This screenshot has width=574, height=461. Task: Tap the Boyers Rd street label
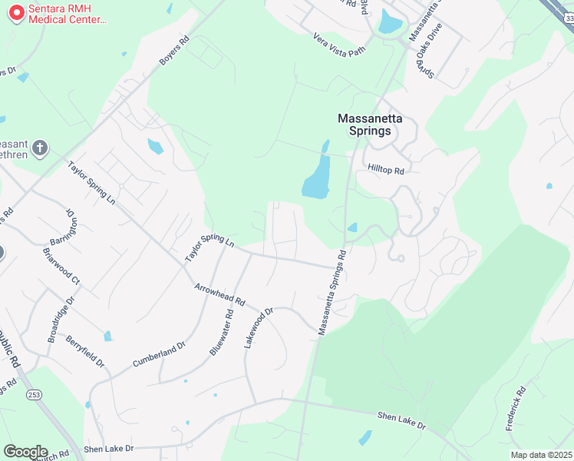point(173,50)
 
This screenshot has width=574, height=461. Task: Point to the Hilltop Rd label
point(385,171)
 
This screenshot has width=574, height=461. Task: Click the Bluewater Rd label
point(221,333)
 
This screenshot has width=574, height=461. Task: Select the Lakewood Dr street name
point(259,329)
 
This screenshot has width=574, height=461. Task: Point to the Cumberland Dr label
point(159,354)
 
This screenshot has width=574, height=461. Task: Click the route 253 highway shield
point(35,394)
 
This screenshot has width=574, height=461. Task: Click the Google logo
point(25,452)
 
